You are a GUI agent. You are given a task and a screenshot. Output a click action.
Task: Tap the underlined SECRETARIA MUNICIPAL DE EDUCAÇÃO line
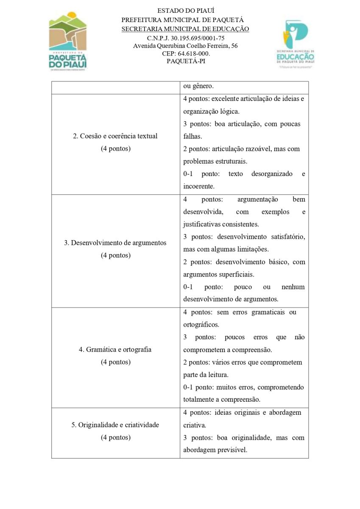[x=185, y=29]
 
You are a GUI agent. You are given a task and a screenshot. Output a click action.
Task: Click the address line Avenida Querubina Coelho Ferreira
[x=185, y=46]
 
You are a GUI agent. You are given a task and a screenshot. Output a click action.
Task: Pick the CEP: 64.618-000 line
[x=185, y=53]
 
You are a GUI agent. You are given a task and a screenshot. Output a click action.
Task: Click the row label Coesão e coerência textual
[x=115, y=136]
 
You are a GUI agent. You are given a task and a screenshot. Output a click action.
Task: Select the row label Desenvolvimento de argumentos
[x=115, y=243]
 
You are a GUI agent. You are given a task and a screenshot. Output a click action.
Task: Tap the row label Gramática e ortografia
[x=115, y=350]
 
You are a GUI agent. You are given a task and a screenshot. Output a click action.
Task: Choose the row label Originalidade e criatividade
[x=115, y=425]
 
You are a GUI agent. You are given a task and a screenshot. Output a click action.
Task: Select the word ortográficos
[x=201, y=324]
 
